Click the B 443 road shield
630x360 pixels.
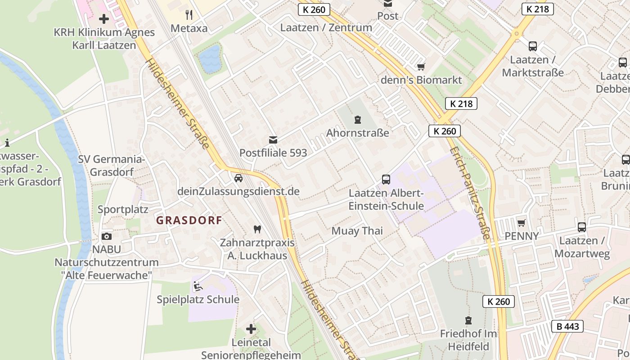(567, 326)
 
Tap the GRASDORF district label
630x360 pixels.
(189, 220)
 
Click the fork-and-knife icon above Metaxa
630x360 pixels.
(189, 15)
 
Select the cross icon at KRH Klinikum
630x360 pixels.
(104, 19)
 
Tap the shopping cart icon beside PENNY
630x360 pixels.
(522, 223)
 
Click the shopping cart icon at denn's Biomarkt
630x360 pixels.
(421, 67)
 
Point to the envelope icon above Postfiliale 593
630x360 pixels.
(273, 139)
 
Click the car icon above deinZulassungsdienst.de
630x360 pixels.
(238, 178)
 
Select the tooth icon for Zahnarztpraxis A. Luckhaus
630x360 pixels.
(257, 229)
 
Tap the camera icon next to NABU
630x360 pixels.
(107, 236)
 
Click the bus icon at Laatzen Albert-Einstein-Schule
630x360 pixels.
(386, 180)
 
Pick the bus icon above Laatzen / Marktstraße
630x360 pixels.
(533, 46)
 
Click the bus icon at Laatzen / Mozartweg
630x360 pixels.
(582, 227)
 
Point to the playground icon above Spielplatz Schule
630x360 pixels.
(198, 286)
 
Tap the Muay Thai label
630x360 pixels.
(357, 231)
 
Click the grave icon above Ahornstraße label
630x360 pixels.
(357, 120)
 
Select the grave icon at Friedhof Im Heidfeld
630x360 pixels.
(468, 320)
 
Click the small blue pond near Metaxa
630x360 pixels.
(210, 59)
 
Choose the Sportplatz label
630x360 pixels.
(123, 209)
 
